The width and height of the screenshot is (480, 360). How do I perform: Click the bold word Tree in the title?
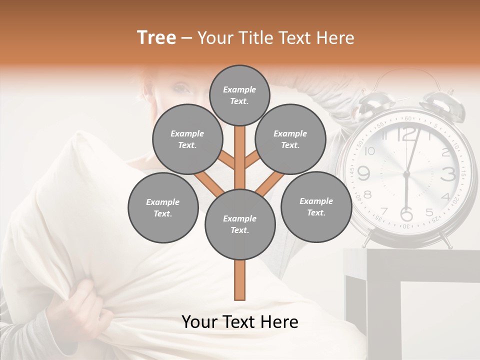click(156, 38)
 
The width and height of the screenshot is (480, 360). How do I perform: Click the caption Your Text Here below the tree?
click(240, 322)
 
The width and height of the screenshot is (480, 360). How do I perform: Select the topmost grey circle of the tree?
click(239, 95)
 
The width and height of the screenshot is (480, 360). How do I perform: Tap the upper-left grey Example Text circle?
click(187, 139)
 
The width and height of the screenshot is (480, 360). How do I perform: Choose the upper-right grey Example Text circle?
click(290, 139)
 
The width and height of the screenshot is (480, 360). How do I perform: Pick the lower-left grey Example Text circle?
click(163, 207)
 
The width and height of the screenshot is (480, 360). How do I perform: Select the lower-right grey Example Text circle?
click(316, 206)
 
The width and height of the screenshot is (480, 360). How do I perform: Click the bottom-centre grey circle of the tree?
click(240, 224)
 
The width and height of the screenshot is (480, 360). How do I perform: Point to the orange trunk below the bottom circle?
click(240, 280)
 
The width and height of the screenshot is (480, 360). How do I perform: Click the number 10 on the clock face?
click(370, 151)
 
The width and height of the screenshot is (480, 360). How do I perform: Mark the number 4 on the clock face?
click(445, 196)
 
